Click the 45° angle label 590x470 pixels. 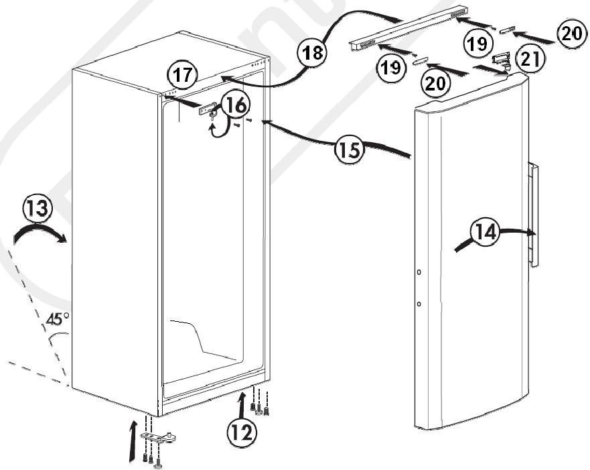58,319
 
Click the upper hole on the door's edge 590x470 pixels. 418,273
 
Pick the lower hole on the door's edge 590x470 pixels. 418,304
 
